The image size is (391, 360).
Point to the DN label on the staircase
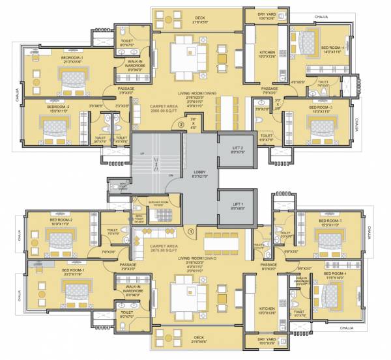171,176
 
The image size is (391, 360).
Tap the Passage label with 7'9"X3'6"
269,90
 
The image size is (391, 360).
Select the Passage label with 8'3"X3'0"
268,266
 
